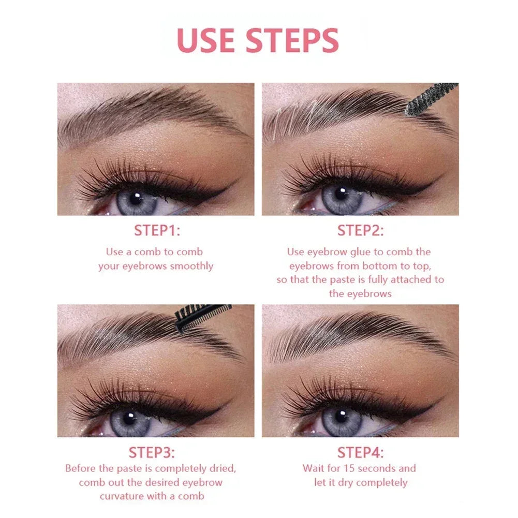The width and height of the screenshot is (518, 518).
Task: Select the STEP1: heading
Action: click(157, 231)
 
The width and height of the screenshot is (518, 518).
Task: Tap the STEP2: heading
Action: click(361, 231)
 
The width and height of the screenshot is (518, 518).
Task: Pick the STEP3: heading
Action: click(151, 452)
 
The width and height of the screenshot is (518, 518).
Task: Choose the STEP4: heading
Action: click(361, 452)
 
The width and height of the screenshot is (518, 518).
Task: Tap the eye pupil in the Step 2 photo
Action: click(341, 194)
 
